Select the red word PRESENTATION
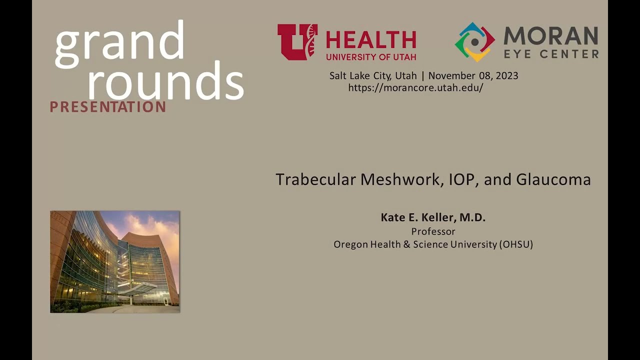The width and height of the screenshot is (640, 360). click(107, 106)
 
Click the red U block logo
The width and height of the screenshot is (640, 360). click(297, 42)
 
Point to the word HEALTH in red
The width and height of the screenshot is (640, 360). click(371, 40)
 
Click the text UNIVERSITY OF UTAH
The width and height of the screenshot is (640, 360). click(371, 56)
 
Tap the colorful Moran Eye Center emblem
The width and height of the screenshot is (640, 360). click(474, 42)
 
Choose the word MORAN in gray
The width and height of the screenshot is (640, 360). click(550, 36)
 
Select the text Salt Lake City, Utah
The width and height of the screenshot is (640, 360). click(373, 76)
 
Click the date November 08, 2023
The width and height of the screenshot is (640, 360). click(473, 76)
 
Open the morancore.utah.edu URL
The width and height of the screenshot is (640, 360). click(415, 88)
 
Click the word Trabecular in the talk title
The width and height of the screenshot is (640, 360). click(315, 179)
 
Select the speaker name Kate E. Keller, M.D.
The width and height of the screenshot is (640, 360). click(433, 217)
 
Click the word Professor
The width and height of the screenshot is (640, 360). click(433, 231)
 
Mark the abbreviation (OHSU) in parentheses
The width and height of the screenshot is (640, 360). click(515, 244)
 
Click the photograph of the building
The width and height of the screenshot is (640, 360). click(114, 261)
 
